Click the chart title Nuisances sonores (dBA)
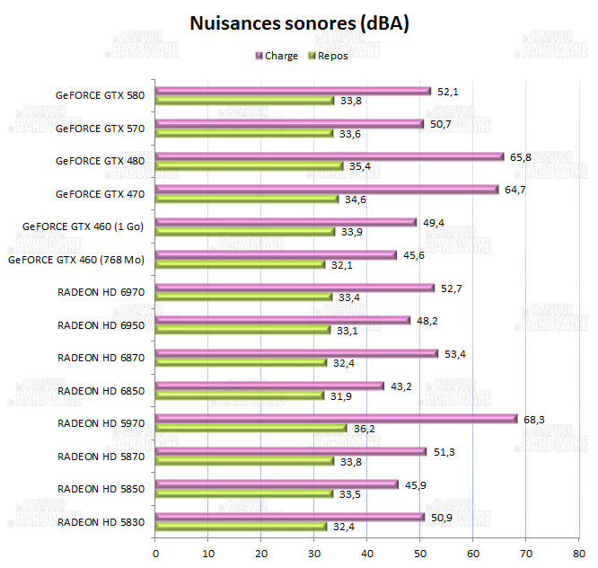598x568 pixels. point(299,23)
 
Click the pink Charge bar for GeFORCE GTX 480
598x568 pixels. point(330,156)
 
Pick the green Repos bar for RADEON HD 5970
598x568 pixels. point(251,429)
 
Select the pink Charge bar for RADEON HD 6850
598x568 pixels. point(269,386)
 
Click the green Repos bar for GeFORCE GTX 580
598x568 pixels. point(244,101)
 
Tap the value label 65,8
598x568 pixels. point(521,156)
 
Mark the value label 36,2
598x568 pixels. point(365,429)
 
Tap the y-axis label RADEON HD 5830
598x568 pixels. point(101,521)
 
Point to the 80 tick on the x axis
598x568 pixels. point(578,553)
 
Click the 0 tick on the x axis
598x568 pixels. point(155,553)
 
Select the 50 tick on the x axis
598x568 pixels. point(420,553)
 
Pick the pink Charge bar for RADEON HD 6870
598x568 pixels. point(296,353)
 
